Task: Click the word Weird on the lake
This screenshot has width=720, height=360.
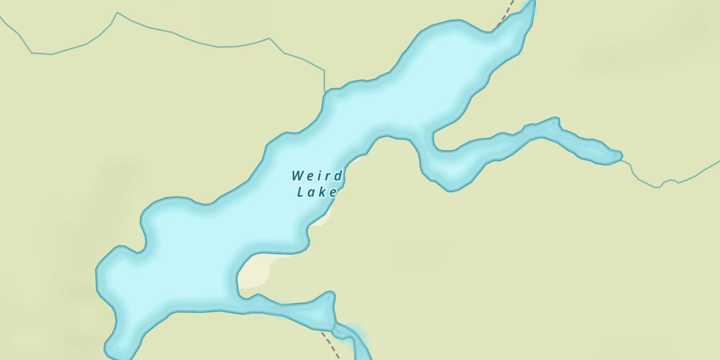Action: (x=317, y=176)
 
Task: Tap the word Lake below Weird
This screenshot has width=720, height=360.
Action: (x=316, y=192)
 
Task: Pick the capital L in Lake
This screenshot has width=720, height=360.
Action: (x=301, y=192)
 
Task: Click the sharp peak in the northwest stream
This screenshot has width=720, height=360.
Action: (x=117, y=13)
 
